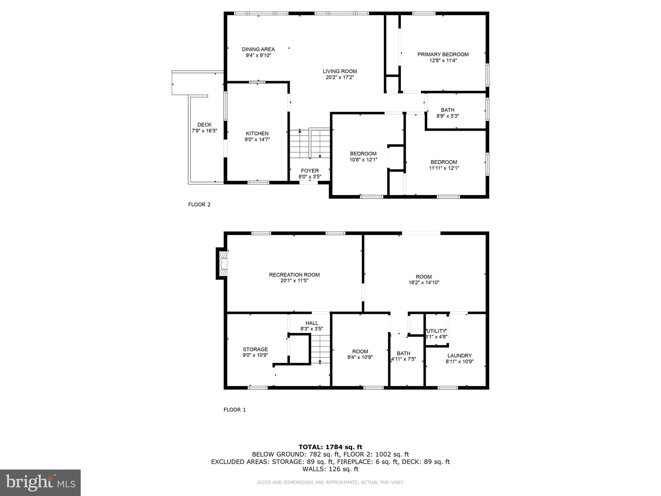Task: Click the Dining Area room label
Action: (x=258, y=49)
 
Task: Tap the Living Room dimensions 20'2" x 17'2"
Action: (x=340, y=77)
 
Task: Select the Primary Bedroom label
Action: (x=443, y=55)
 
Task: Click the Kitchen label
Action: (x=257, y=134)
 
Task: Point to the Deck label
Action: (x=204, y=125)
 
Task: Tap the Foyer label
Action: (x=310, y=171)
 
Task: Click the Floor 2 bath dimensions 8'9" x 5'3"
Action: (x=447, y=116)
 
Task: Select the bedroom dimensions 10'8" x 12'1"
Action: (x=363, y=160)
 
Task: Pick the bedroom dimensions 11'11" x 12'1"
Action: (x=444, y=168)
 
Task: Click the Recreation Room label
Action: (x=294, y=275)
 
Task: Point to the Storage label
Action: (x=255, y=349)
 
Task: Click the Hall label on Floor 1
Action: (x=312, y=323)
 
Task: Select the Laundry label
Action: (x=460, y=356)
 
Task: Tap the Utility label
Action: (x=436, y=331)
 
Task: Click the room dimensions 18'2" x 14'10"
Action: (x=424, y=283)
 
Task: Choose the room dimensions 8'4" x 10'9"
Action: (x=360, y=357)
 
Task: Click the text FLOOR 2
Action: (x=199, y=204)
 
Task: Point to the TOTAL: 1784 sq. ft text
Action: (x=330, y=447)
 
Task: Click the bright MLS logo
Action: (x=40, y=482)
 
